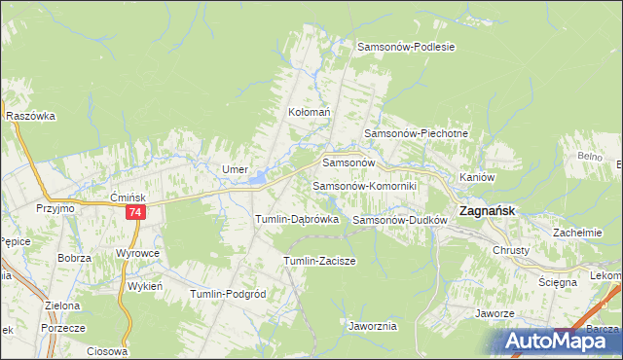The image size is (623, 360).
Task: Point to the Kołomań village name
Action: [x=310, y=112]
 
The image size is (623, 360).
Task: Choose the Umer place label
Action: [x=236, y=168]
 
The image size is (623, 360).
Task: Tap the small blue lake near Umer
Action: [x=258, y=178]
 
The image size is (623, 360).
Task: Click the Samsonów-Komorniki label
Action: [x=364, y=185]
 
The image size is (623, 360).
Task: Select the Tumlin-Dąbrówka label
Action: [x=296, y=219]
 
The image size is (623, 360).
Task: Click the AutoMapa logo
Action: [x=556, y=341]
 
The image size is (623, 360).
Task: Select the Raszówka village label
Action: [x=29, y=115]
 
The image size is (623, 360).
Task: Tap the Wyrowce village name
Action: [x=137, y=252]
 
